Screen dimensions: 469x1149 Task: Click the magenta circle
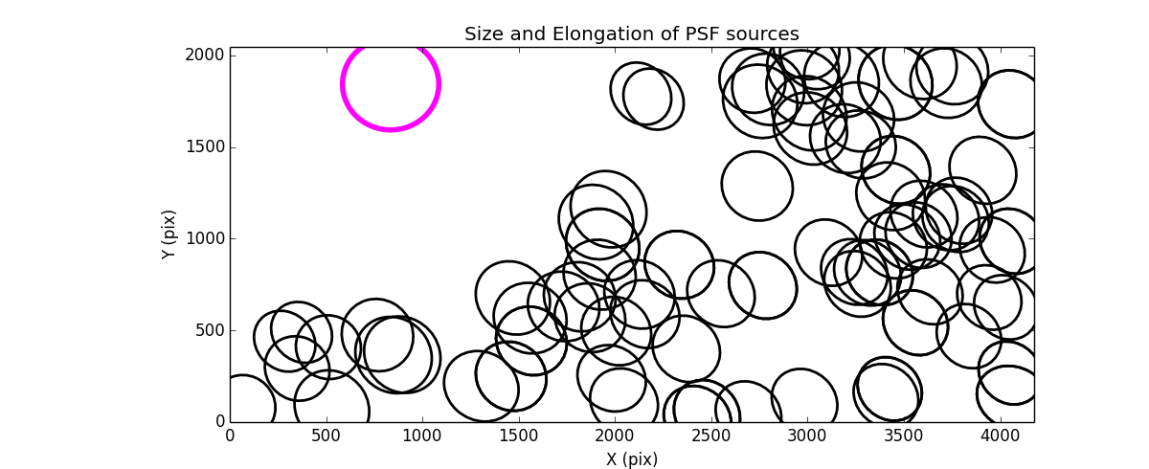[391, 84]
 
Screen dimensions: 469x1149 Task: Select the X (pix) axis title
[631, 459]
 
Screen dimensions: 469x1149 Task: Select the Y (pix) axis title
[169, 234]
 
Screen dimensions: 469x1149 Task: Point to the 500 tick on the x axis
[326, 435]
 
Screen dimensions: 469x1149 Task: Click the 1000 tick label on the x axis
[422, 435]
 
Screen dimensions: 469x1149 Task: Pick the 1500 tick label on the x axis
[518, 435]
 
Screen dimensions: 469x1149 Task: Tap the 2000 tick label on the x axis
[615, 435]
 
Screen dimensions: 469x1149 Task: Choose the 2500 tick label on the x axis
[710, 435]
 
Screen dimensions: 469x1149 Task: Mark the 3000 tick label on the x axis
[807, 435]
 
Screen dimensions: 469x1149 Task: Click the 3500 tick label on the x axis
[903, 435]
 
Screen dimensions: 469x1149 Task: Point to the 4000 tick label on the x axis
[1000, 435]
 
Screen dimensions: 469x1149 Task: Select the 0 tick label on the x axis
[230, 435]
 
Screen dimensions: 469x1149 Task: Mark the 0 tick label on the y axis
[218, 422]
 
